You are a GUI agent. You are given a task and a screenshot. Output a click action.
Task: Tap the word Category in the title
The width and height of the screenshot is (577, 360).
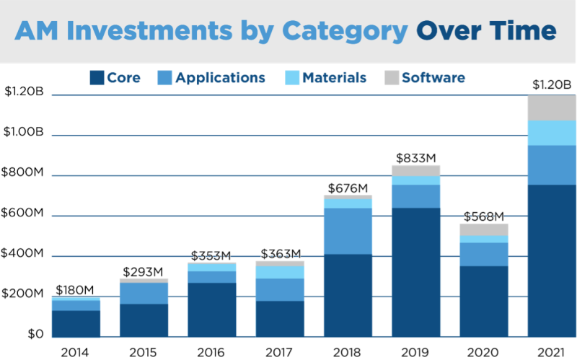(x=345, y=30)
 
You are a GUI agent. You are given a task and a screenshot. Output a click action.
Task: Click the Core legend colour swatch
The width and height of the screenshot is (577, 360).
(x=97, y=78)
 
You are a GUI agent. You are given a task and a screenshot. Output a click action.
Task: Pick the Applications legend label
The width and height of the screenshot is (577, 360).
(x=221, y=78)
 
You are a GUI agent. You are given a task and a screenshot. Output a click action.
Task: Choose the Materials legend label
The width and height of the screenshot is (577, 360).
(x=335, y=78)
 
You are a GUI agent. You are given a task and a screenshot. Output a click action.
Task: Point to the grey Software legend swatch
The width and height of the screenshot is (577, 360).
(x=390, y=78)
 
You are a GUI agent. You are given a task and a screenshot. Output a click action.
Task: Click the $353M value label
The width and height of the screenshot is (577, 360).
(x=211, y=255)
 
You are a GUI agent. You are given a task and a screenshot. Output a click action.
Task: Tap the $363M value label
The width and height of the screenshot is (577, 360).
(x=281, y=253)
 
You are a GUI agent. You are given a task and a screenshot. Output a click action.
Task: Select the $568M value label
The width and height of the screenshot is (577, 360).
(x=483, y=216)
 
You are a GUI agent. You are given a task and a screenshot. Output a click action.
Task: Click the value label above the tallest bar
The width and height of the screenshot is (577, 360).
(x=552, y=85)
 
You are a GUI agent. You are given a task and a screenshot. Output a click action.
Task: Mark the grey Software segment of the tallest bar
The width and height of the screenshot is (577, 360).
(x=552, y=108)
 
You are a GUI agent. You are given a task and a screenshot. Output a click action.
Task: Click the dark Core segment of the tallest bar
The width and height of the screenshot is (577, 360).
(x=552, y=260)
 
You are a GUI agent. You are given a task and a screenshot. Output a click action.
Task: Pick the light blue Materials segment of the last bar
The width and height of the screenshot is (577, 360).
(x=552, y=133)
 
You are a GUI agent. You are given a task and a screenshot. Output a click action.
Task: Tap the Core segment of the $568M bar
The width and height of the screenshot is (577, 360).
(x=484, y=300)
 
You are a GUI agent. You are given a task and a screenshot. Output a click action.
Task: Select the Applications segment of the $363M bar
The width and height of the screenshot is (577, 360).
(x=280, y=289)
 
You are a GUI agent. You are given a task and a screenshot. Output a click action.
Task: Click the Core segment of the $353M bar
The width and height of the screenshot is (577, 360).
(x=212, y=309)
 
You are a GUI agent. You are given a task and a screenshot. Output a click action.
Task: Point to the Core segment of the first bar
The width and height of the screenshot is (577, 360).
(x=76, y=323)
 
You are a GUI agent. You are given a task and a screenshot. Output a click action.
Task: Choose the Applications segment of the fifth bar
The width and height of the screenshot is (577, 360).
(x=348, y=231)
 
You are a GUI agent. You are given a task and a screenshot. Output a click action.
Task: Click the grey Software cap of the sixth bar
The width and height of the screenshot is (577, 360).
(x=416, y=170)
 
